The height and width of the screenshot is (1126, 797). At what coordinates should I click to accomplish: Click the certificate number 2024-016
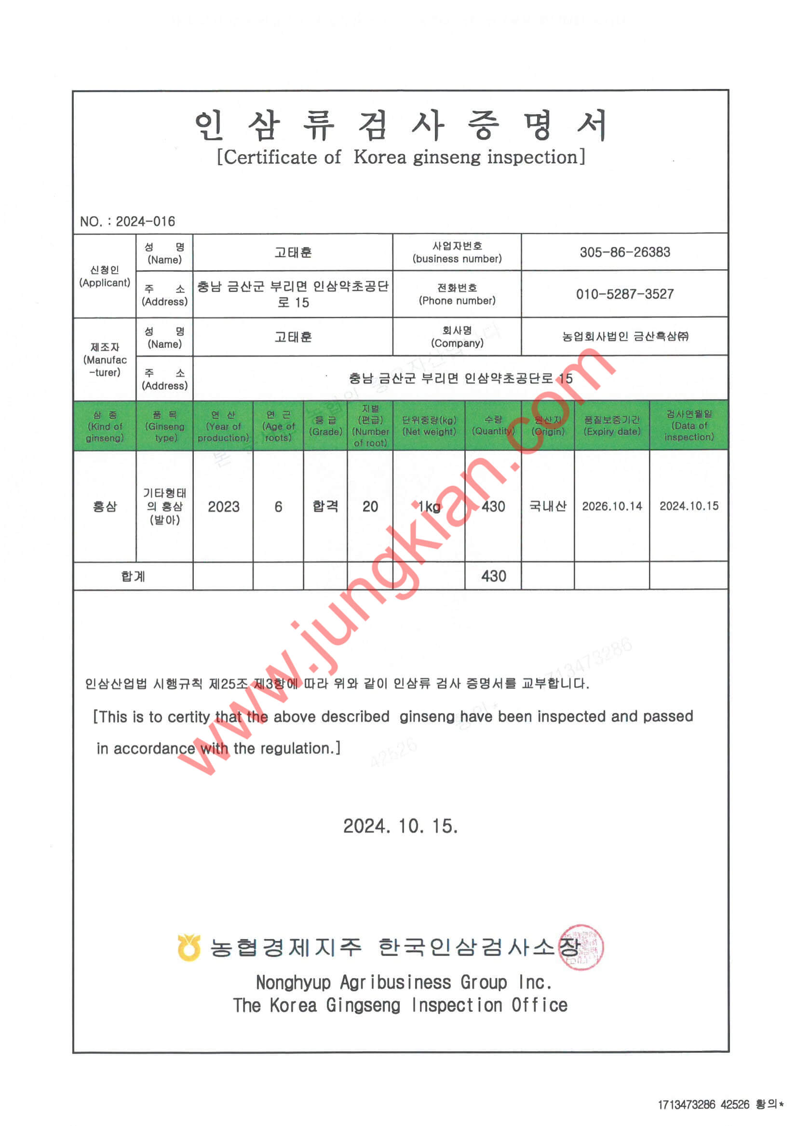tap(145, 222)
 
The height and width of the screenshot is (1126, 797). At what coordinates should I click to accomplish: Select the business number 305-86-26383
tap(625, 252)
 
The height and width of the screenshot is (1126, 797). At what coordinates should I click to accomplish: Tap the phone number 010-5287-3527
tap(625, 294)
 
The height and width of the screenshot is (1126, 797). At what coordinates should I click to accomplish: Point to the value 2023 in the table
tap(223, 506)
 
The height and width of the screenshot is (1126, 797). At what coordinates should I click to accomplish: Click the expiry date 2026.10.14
tap(611, 506)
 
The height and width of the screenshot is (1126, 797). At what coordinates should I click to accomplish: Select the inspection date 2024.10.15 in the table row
tap(689, 506)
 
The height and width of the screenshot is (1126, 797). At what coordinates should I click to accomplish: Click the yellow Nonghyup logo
tap(189, 947)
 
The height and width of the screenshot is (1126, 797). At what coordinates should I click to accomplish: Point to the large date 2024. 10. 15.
tap(401, 826)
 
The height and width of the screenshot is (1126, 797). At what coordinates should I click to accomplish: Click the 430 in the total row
tap(493, 576)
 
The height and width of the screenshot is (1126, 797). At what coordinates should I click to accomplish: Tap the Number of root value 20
tap(370, 506)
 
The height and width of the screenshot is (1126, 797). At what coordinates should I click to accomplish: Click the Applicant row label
tap(105, 277)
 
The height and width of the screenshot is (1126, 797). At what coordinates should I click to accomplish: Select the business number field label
tap(457, 252)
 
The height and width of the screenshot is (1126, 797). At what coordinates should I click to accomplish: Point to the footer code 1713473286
tap(686, 1104)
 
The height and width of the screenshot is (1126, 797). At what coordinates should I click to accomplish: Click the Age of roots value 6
tap(278, 506)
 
